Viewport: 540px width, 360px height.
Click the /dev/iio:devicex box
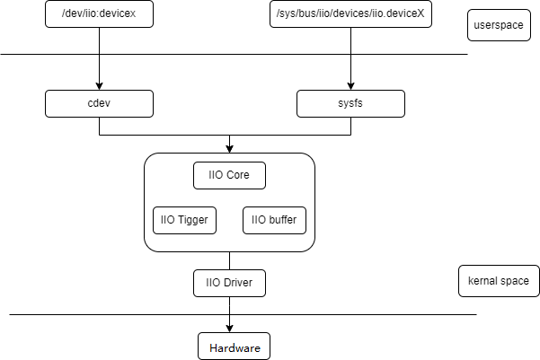coord(99,13)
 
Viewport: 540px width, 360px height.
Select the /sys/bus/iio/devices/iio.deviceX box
coord(350,13)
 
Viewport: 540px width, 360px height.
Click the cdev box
coord(99,104)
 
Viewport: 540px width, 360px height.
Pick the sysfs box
coord(350,104)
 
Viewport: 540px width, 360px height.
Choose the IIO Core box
coord(229,175)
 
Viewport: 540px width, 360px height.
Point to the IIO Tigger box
coord(184,220)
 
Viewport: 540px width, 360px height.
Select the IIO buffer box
coord(274,220)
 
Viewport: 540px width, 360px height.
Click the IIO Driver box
coord(229,284)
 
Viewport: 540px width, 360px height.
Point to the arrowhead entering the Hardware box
coord(229,328)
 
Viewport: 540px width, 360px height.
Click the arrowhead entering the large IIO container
coord(229,148)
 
